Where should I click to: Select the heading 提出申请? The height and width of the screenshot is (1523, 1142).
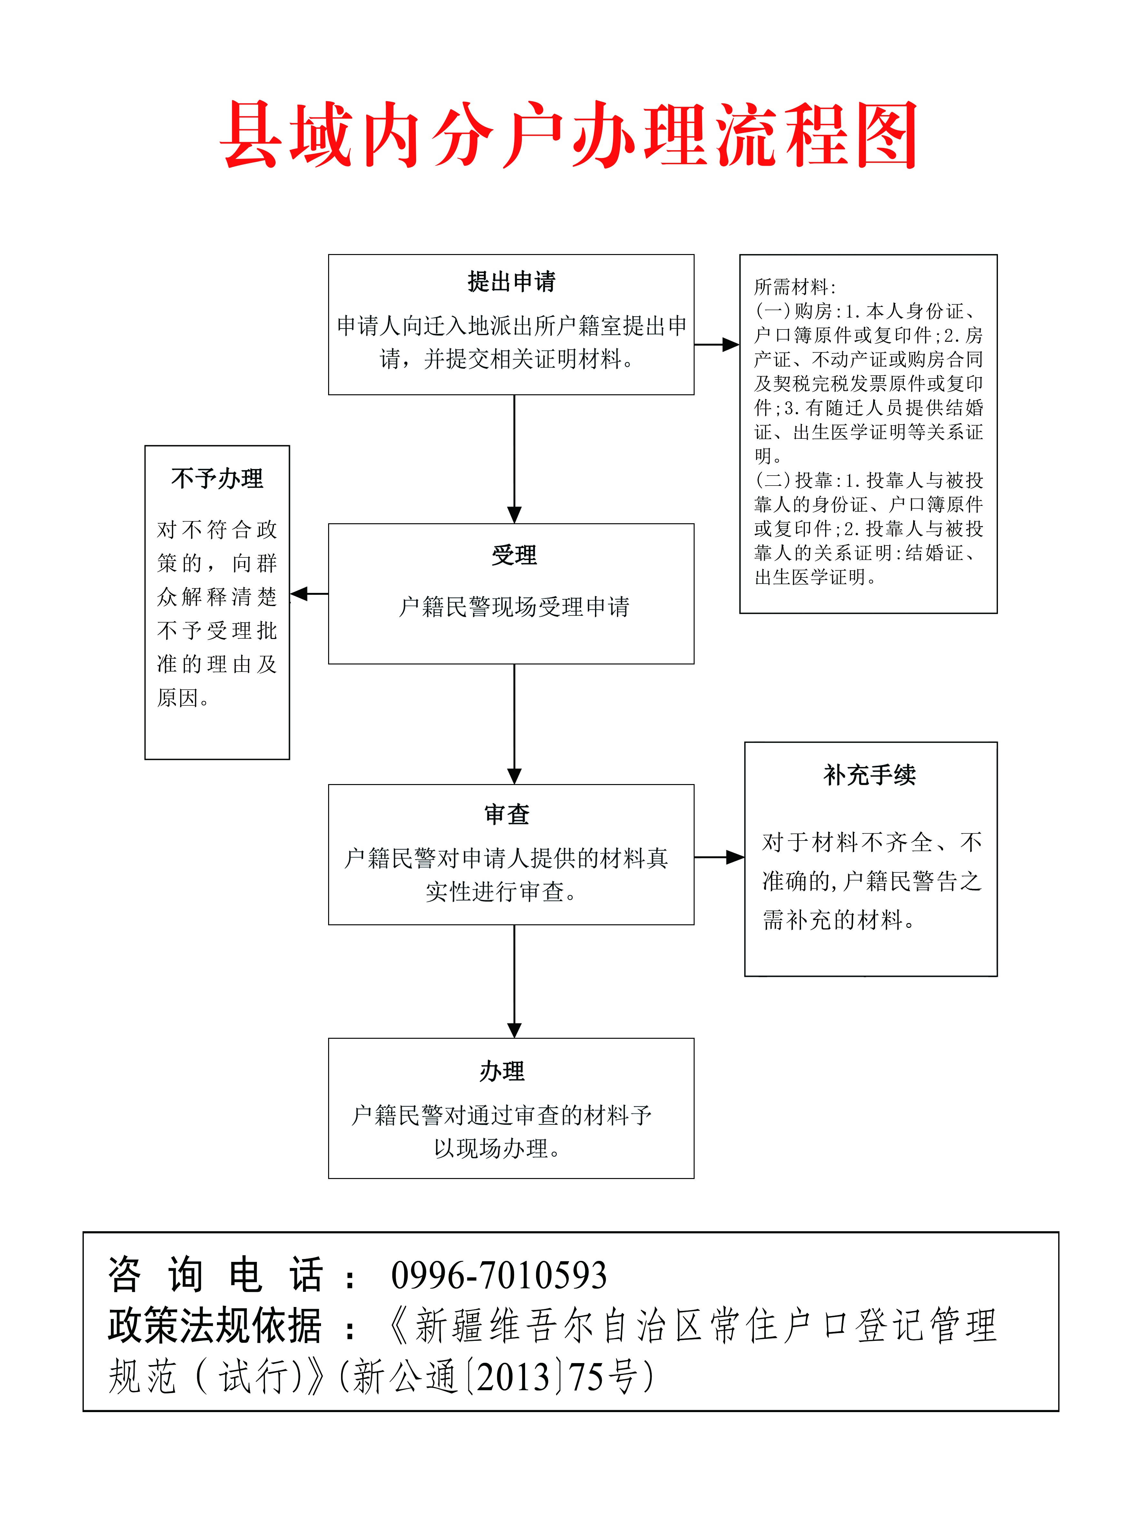pyautogui.click(x=512, y=281)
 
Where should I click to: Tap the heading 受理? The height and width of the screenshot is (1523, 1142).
pyautogui.click(x=514, y=555)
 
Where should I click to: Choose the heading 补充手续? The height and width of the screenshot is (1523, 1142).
pyautogui.click(x=870, y=775)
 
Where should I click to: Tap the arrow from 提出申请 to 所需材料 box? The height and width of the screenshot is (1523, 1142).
pyautogui.click(x=717, y=344)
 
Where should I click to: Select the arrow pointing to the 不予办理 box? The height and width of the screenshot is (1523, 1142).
pyautogui.click(x=309, y=594)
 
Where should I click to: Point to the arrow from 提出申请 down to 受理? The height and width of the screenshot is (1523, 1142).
pyautogui.click(x=514, y=459)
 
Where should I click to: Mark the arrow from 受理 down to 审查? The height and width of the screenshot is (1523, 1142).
pyautogui.click(x=514, y=724)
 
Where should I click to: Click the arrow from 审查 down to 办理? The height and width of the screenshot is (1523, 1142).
pyautogui.click(x=514, y=981)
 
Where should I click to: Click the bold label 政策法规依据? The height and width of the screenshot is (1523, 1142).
pyautogui.click(x=215, y=1325)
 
